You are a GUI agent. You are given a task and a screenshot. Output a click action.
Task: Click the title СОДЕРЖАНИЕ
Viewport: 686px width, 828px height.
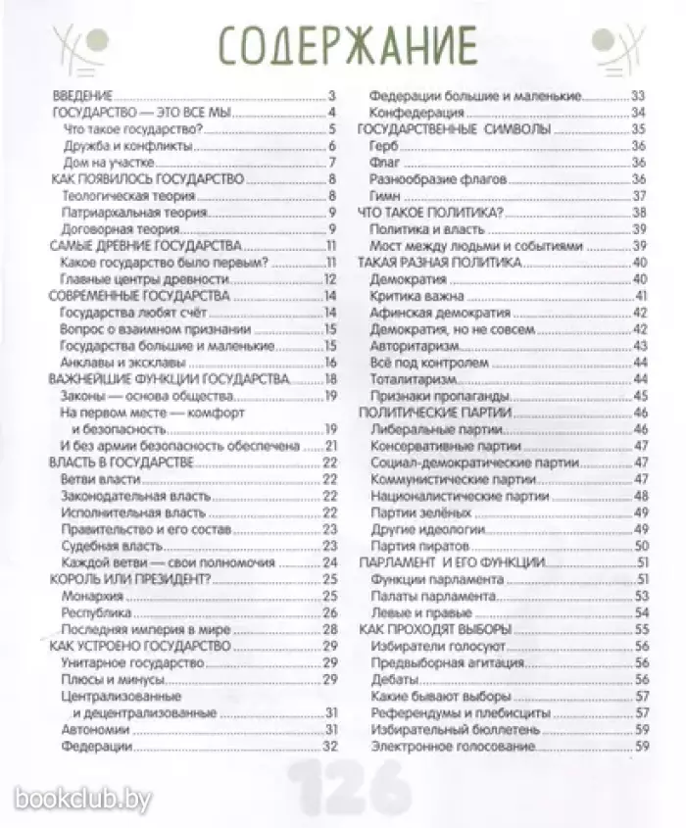tap(345, 46)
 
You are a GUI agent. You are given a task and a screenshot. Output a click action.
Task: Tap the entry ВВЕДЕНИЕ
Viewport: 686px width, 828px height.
tap(83, 96)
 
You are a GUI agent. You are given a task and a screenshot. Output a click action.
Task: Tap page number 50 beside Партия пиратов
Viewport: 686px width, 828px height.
tap(643, 546)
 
